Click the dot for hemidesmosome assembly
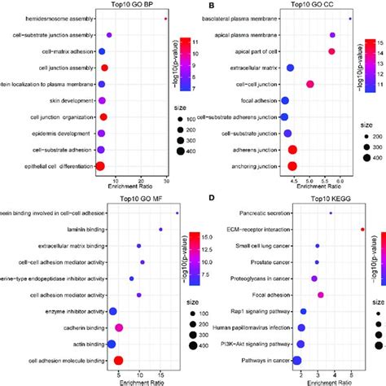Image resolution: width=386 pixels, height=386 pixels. pos(165,19)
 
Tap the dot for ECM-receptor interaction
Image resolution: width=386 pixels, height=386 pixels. pos(362,230)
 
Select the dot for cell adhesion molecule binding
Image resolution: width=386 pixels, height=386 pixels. pos(118,360)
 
